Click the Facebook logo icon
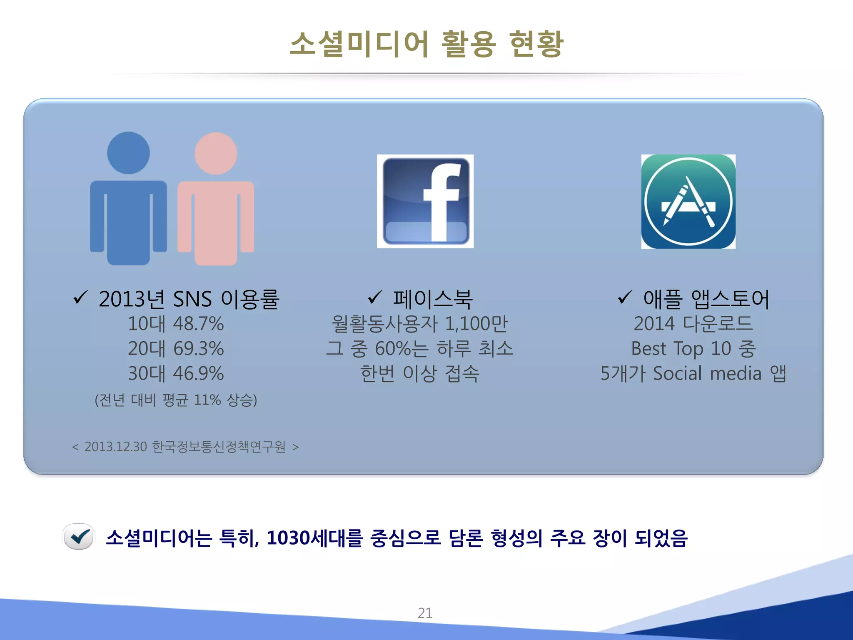425,201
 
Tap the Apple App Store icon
688,201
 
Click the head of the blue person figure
128,153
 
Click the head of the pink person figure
216,153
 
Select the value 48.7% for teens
199,324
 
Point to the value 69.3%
199,349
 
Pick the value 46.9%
199,373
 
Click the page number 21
425,613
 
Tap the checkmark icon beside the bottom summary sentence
79,537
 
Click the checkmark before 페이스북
375,297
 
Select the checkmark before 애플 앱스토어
625,297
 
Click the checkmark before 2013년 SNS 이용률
80,297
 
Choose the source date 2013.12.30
116,447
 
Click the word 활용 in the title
468,44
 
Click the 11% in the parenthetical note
207,400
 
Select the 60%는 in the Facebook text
401,349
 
